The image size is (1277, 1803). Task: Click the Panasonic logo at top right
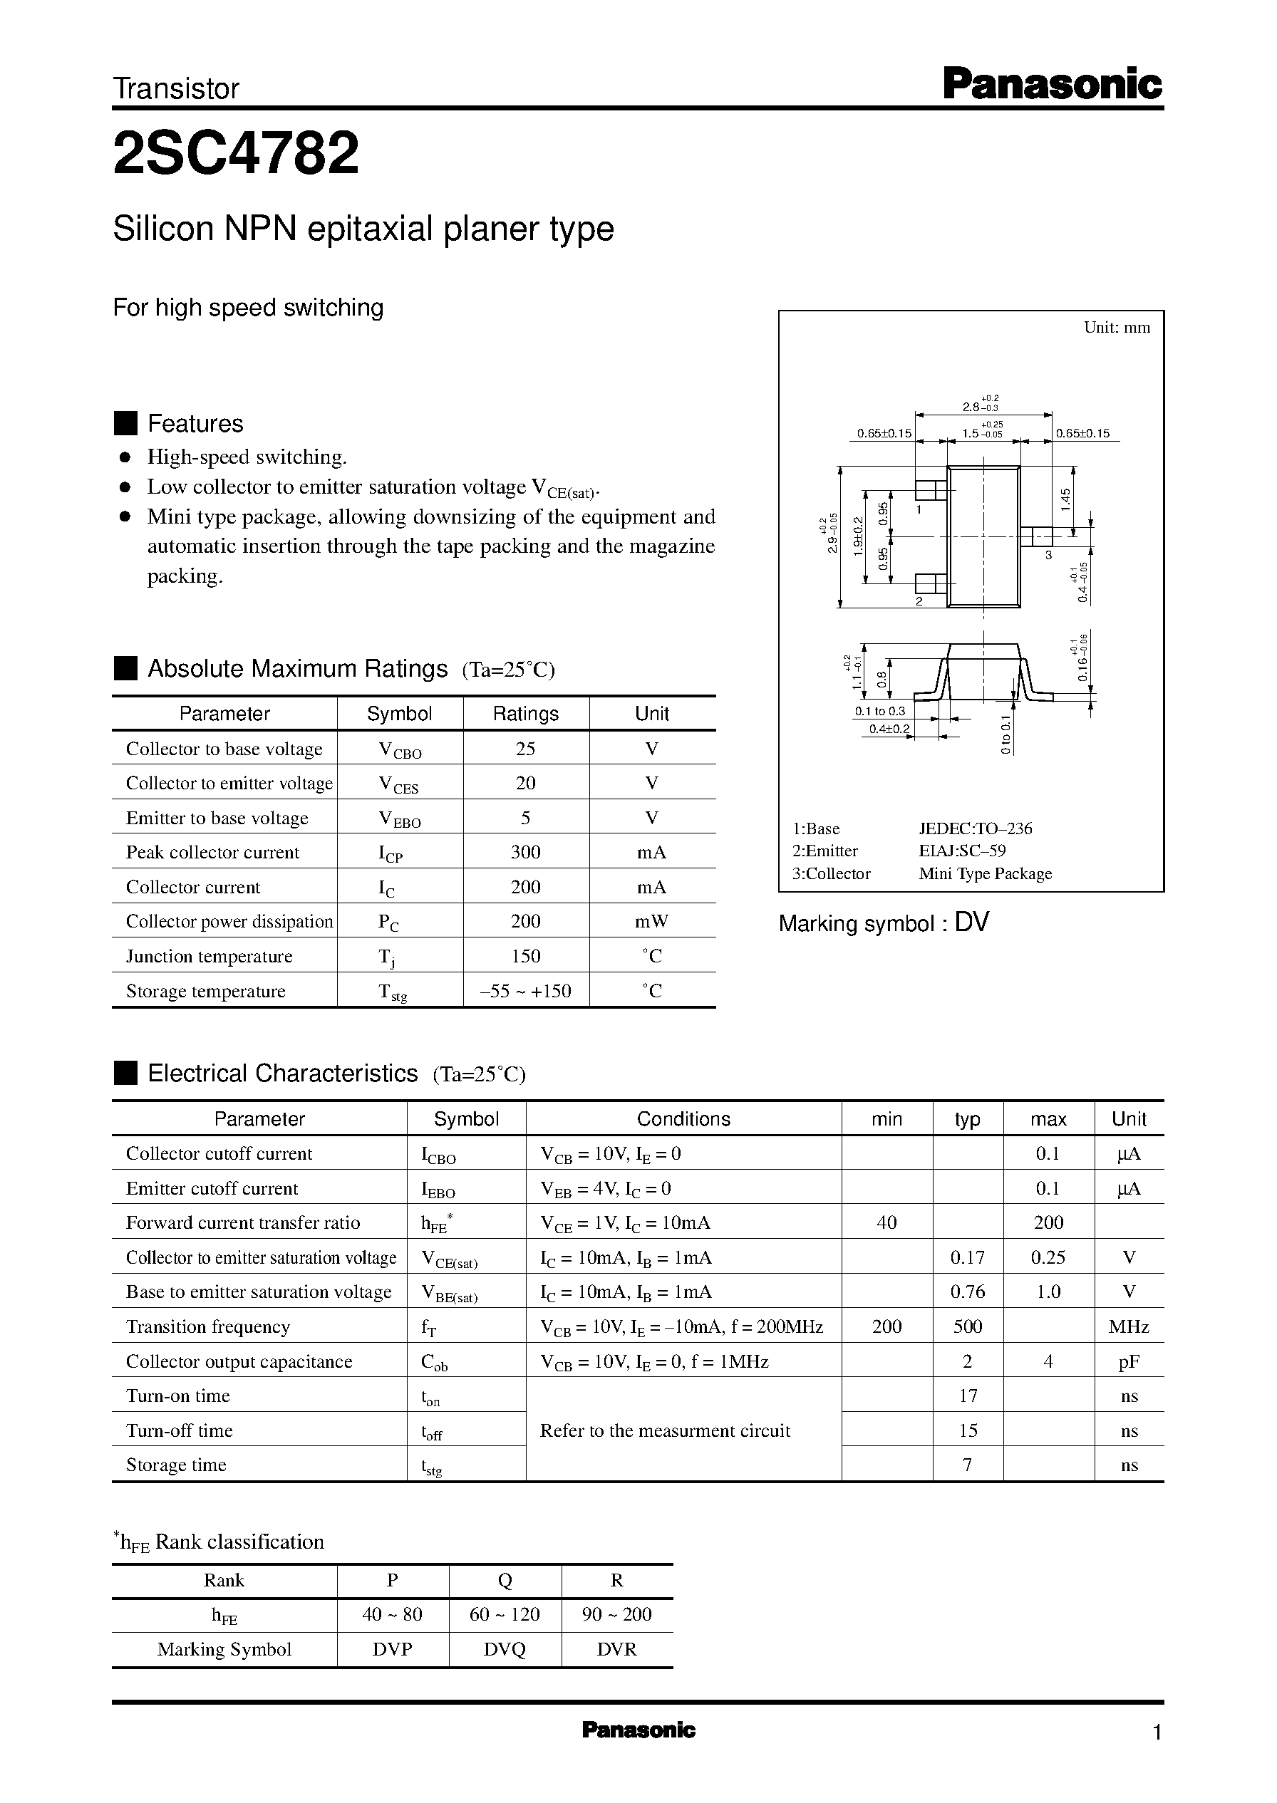coord(1051,84)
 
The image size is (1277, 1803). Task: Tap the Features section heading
coord(195,424)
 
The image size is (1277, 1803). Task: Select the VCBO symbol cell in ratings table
coord(400,750)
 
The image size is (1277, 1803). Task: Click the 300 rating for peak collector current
coord(525,853)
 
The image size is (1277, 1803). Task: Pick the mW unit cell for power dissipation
coord(651,922)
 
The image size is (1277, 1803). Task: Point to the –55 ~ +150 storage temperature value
coord(525,991)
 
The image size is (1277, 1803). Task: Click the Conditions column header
coord(683,1119)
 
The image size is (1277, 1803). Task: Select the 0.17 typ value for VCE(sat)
coord(967,1257)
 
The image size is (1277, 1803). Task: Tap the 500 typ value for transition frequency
coord(967,1326)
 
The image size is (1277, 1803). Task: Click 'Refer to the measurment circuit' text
coord(664,1430)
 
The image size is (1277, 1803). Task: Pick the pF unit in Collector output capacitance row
coord(1128,1361)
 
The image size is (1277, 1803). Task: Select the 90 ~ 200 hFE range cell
coord(616,1614)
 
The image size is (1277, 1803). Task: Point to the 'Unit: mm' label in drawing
coord(1116,328)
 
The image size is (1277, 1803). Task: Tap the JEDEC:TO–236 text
coord(975,828)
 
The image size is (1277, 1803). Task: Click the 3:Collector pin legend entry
coord(831,874)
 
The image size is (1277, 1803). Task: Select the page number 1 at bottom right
coord(1156,1732)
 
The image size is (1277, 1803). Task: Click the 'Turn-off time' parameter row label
coord(180,1430)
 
